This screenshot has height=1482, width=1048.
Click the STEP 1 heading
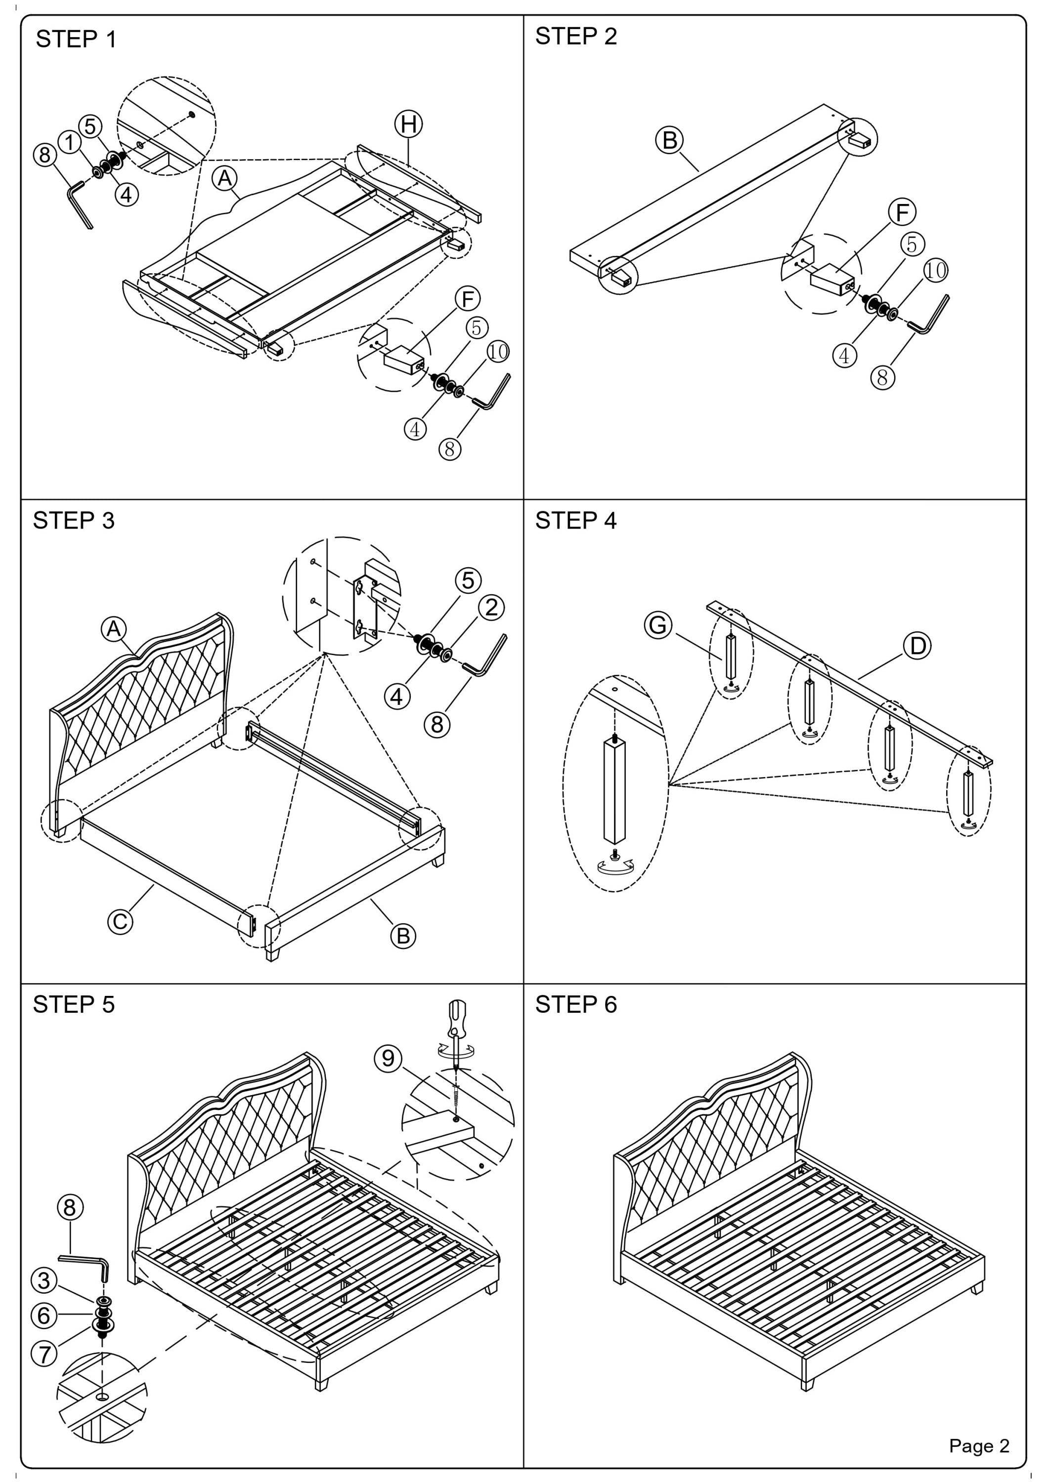point(76,40)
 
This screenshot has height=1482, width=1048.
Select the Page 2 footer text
point(978,1445)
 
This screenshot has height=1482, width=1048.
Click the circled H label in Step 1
point(409,124)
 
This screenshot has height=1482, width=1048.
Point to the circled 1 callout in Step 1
point(69,143)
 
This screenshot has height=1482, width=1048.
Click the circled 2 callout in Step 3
point(491,608)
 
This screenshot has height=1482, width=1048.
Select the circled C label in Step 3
point(120,921)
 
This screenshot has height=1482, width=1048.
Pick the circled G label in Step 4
point(658,625)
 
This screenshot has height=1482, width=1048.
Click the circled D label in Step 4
point(917,646)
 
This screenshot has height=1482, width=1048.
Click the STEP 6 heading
point(575,1004)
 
